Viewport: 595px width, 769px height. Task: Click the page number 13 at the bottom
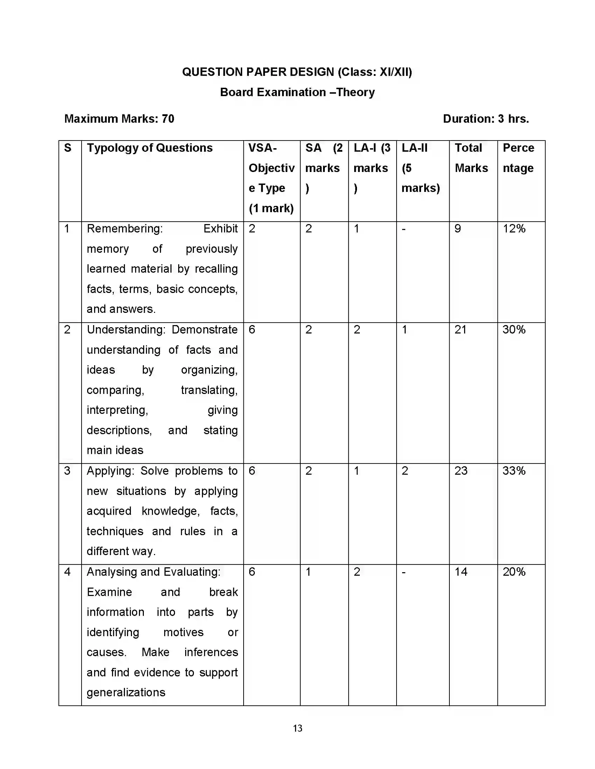click(x=297, y=728)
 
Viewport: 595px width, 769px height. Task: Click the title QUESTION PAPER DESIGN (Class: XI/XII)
click(x=297, y=72)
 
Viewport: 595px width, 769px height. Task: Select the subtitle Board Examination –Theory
click(x=297, y=92)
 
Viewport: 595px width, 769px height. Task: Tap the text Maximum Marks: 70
click(x=119, y=119)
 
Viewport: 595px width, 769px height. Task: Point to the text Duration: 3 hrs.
click(x=486, y=119)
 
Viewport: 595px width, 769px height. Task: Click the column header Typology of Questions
click(x=150, y=148)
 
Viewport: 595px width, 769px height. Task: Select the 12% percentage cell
click(x=514, y=229)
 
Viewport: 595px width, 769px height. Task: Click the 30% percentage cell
click(x=514, y=330)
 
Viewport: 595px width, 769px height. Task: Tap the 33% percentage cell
click(x=514, y=471)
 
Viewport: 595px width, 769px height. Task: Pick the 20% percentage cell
click(x=514, y=572)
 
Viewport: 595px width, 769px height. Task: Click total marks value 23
click(x=461, y=471)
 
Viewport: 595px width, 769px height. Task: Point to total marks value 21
click(x=460, y=330)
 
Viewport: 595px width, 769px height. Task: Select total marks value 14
click(x=461, y=572)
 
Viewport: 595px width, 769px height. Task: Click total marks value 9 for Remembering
click(x=457, y=229)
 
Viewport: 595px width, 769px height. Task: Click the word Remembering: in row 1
click(x=125, y=229)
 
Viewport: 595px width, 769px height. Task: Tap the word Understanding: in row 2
click(x=126, y=330)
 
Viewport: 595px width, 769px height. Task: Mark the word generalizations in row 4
click(x=126, y=692)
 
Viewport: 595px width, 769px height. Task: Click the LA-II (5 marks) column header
click(x=421, y=168)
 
